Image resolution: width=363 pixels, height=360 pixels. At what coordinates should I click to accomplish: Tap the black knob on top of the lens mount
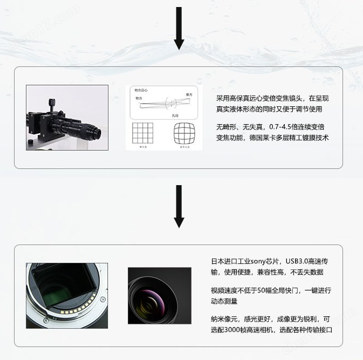[52, 101]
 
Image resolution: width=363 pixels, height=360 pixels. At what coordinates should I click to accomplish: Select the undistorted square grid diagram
[143, 133]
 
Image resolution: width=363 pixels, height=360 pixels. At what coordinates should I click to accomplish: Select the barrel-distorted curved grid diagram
[183, 133]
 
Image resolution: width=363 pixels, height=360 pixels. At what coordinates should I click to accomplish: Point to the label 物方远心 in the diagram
[142, 90]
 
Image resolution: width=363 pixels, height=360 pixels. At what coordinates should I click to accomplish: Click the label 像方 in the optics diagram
[189, 94]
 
